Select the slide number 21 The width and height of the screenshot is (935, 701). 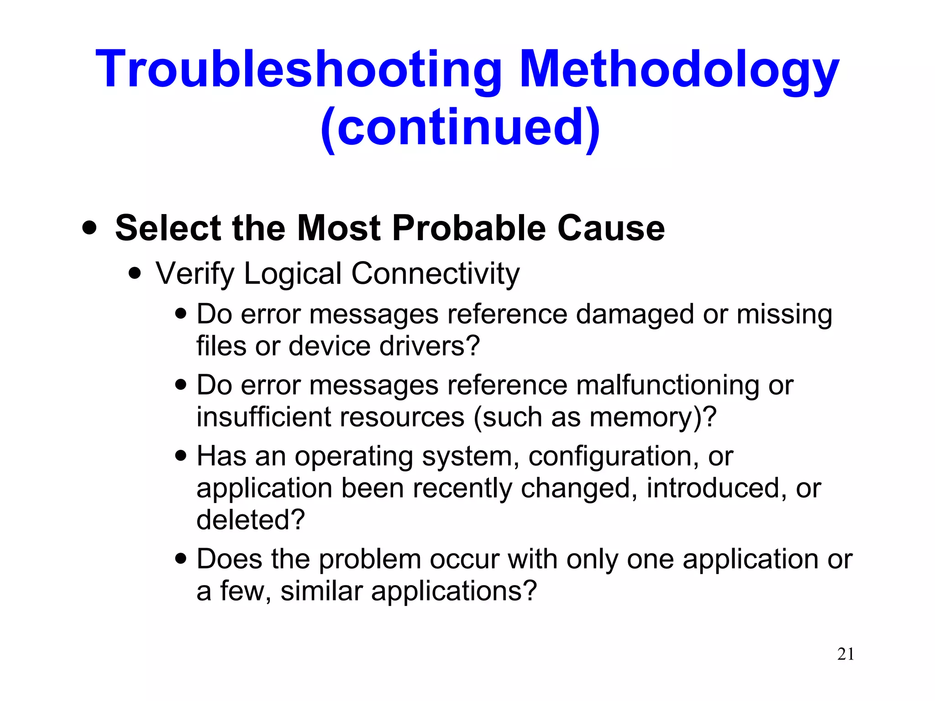[846, 654]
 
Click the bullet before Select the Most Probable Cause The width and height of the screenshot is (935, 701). [89, 228]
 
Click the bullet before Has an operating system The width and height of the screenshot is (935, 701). [181, 455]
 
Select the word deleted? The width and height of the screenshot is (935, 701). [251, 519]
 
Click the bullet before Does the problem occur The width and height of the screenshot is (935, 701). [181, 559]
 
